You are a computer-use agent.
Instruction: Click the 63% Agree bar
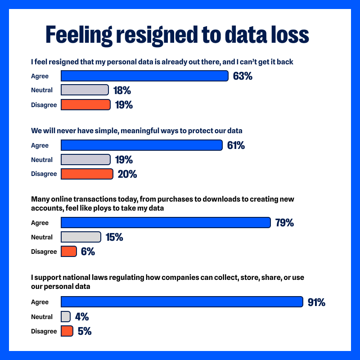pos(144,76)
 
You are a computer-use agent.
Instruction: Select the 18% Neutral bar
pos(85,90)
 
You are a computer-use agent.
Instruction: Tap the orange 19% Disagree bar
pos(85,105)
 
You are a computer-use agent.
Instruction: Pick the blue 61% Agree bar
pos(141,145)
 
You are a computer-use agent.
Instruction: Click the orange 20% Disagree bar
pos(86,174)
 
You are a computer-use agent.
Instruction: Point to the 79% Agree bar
pos(166,223)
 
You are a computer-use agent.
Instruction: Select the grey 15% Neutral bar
pos(81,237)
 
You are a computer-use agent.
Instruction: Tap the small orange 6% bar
pos(69,252)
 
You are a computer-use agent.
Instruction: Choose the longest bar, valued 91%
pos(182,302)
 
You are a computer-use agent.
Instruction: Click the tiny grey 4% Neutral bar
pos(66,317)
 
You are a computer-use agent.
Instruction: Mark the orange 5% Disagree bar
pos(67,331)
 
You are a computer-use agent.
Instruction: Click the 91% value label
pos(316,302)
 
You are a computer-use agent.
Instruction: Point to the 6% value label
pos(88,252)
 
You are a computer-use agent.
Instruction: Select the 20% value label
pos(127,174)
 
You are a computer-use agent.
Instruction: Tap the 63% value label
pos(243,76)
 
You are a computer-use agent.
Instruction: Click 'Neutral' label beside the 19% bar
pos(42,160)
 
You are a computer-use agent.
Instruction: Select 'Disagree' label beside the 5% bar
pos(44,332)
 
